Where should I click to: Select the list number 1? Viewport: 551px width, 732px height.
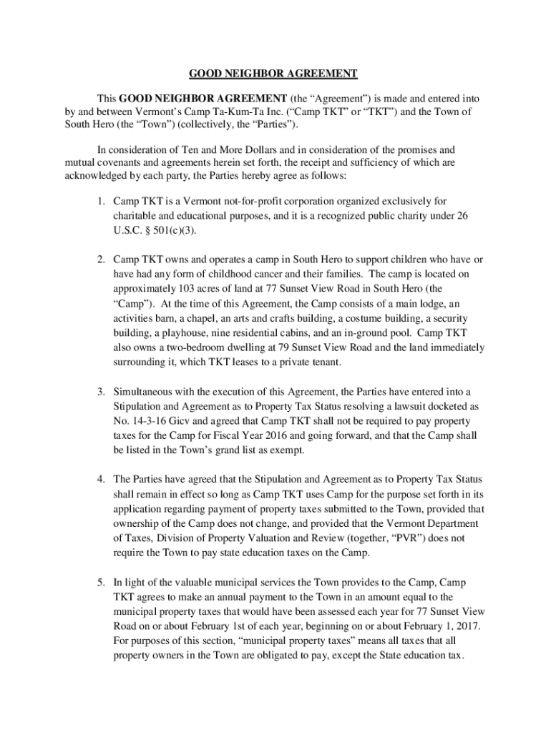tap(102, 202)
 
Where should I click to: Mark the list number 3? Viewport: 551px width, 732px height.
tap(102, 392)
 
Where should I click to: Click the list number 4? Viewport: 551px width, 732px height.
tap(102, 478)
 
